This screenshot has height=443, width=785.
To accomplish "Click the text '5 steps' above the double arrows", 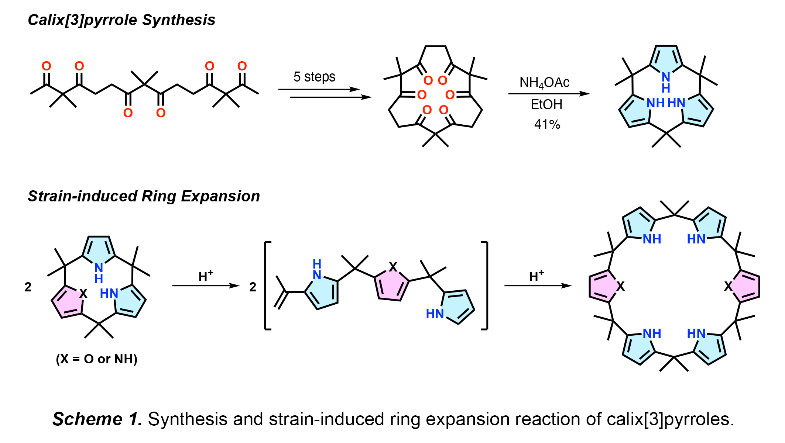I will click(x=314, y=77).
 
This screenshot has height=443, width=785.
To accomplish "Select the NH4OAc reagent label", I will click(x=544, y=83).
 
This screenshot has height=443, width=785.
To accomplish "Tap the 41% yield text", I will click(x=547, y=124).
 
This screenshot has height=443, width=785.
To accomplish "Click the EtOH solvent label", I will click(x=546, y=104).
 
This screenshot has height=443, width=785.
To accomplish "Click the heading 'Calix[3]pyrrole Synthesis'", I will click(x=121, y=20).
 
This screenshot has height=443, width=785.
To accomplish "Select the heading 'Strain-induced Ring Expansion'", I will click(x=144, y=196).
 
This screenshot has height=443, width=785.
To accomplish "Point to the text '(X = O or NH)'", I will click(x=97, y=359).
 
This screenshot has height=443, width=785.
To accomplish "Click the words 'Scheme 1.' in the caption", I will click(x=97, y=419).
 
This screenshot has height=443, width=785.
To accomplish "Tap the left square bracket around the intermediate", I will click(x=267, y=285).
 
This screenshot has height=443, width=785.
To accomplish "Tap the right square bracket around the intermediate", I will click(x=485, y=285).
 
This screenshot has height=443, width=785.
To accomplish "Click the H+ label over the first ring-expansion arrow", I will click(x=206, y=276).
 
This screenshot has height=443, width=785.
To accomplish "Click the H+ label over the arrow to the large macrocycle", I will click(x=537, y=276).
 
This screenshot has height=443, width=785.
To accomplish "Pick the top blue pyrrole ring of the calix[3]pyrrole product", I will click(x=666, y=59).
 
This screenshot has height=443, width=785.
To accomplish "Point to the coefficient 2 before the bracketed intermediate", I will click(x=253, y=287).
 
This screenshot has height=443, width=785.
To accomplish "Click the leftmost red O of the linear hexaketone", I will click(x=47, y=66).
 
